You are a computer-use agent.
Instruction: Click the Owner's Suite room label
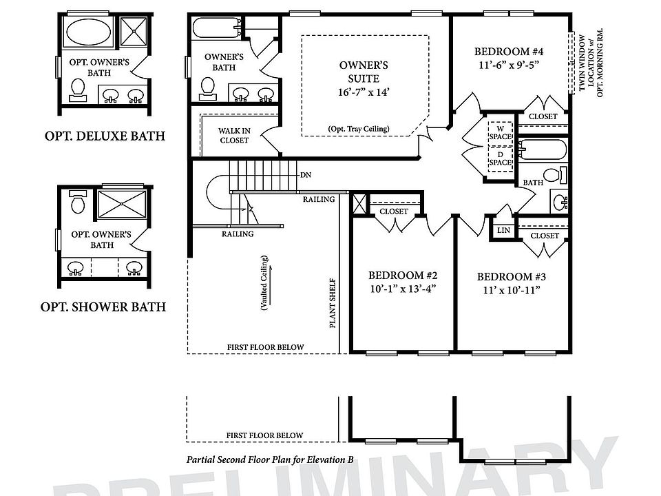[x=364, y=71]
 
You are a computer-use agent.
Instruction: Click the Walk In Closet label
[x=234, y=135]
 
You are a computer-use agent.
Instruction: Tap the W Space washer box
[x=501, y=131]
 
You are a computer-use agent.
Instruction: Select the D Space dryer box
[x=501, y=158]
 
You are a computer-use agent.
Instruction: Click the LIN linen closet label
[x=503, y=230]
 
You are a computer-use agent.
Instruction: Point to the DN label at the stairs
[x=306, y=175]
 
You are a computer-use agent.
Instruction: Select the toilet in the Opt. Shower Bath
[x=77, y=204]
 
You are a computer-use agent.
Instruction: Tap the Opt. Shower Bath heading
[x=103, y=307]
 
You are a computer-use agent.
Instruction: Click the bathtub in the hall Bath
[x=543, y=149]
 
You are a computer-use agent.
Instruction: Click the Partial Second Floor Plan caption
[x=270, y=458]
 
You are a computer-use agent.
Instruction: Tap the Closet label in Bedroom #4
[x=543, y=116]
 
